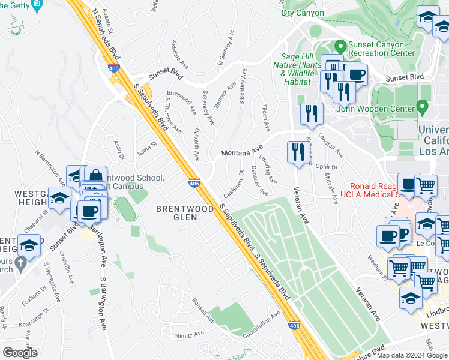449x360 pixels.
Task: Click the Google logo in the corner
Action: (x=20, y=353)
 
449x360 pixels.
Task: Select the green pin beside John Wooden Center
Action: (x=423, y=108)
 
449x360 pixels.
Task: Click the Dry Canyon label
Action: (x=302, y=13)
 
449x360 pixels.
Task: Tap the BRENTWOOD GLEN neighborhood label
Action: (x=184, y=212)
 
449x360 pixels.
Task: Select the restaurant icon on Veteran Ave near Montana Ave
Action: (x=298, y=151)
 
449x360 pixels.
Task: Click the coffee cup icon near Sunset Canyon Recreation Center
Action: (x=356, y=74)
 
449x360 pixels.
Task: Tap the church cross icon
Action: (x=21, y=262)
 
